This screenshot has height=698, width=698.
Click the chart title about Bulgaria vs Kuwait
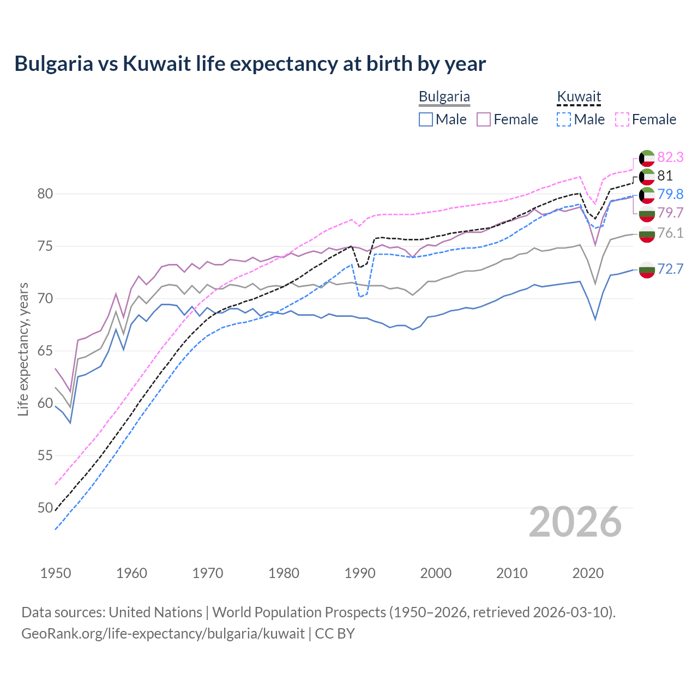coord(250,63)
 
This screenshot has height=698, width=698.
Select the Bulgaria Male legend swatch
coord(426,119)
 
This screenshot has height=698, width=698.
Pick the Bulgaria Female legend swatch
coord(484,119)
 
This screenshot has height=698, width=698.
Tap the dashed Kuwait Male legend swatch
coord(564,119)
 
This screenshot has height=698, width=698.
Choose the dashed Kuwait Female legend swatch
coord(622,119)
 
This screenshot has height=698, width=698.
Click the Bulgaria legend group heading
coord(444,97)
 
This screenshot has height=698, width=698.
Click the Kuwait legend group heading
coord(579,97)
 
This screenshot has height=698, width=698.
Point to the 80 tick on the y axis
coord(45,194)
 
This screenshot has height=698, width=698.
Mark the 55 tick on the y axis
coord(45,456)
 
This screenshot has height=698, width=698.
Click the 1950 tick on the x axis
coord(56,573)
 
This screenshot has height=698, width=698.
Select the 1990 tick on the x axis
coord(360,573)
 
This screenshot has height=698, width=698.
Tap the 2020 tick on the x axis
coord(588,573)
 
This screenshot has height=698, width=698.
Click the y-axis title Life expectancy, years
coord(23,349)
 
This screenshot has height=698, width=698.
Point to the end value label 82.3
coord(670,157)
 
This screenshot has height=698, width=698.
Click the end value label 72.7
coord(670,269)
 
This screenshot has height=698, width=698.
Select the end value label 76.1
coord(670,233)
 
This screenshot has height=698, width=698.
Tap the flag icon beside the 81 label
coord(647,176)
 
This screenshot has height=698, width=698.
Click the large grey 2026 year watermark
coord(575,522)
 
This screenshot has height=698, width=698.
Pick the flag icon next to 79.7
coord(647,213)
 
